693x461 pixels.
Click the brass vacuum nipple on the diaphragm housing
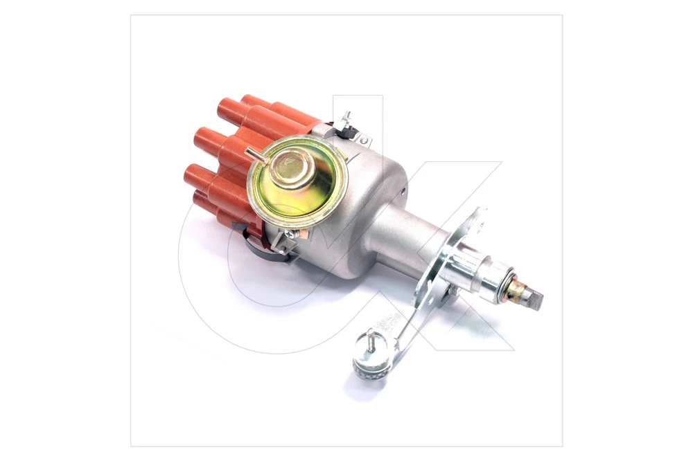coord(254,155)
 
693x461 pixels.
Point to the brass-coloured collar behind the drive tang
coord(516,288)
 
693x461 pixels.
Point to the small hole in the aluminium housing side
coord(404,191)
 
